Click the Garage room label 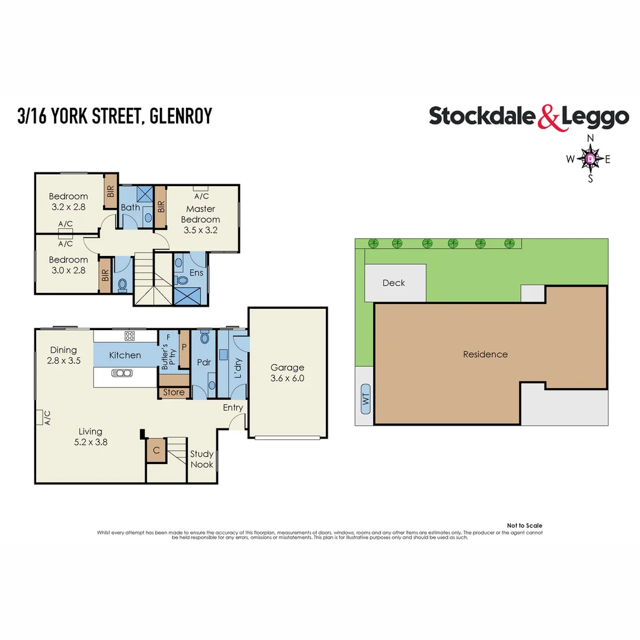click(x=287, y=367)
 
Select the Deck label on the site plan click(x=393, y=283)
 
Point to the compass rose click(x=590, y=158)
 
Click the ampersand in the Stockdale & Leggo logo click(x=548, y=117)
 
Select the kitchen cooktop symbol click(x=129, y=336)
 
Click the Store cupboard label click(x=174, y=392)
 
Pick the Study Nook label click(x=201, y=459)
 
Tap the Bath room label click(x=130, y=207)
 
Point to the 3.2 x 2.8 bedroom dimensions click(x=68, y=207)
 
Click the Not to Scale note click(x=524, y=526)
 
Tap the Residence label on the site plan click(x=485, y=354)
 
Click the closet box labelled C click(x=156, y=450)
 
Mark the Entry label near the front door click(x=233, y=408)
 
